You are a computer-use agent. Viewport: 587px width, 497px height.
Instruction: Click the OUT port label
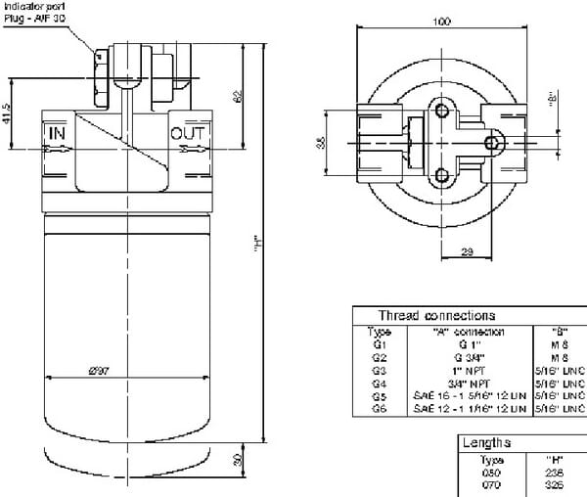(x=188, y=132)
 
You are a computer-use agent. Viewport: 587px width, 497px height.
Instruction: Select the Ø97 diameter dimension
(x=98, y=371)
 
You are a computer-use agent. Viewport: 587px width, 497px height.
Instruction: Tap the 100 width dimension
(x=442, y=21)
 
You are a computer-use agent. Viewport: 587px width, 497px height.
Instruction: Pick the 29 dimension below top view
(x=466, y=252)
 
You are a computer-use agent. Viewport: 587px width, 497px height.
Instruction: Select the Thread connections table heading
(x=436, y=316)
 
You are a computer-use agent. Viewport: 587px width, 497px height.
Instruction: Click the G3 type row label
(x=380, y=371)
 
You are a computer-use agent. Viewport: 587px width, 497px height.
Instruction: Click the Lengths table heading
(x=486, y=443)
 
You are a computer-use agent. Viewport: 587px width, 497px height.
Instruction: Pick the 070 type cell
(x=492, y=483)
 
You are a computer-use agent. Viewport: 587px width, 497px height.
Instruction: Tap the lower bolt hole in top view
(x=443, y=176)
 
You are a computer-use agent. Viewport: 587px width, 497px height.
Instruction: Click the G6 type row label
(x=380, y=409)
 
